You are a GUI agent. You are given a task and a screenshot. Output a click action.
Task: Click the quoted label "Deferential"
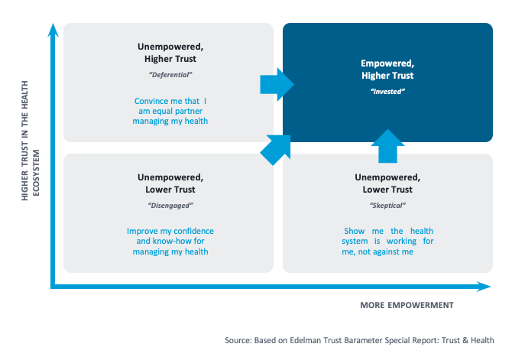pyautogui.click(x=170, y=75)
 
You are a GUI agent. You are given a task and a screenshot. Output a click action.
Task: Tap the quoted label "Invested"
pyautogui.click(x=387, y=92)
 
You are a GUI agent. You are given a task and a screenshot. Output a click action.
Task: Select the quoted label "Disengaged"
pyautogui.click(x=170, y=206)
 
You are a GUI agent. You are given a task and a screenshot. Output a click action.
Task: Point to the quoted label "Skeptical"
pyautogui.click(x=387, y=206)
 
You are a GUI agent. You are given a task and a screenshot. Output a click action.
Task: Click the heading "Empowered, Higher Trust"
pyautogui.click(x=387, y=70)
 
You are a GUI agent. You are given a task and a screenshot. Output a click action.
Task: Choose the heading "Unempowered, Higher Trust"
pyautogui.click(x=170, y=53)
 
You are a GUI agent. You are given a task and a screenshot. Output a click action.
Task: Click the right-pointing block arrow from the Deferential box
pyautogui.click(x=277, y=84)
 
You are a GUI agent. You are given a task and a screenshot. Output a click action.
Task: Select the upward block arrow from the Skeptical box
pyautogui.click(x=387, y=146)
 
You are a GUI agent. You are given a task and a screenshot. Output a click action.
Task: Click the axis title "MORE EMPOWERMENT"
pyautogui.click(x=407, y=305)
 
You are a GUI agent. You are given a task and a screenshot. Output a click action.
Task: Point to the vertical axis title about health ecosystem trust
pyautogui.click(x=30, y=141)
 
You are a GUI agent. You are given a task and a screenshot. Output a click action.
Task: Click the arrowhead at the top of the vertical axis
pyautogui.click(x=53, y=30)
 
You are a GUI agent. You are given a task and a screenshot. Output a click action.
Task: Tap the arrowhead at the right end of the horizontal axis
pyautogui.click(x=484, y=287)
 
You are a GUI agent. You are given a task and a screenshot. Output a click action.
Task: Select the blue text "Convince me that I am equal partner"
pyautogui.click(x=170, y=106)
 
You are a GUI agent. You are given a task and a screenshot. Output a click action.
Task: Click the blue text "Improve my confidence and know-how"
pyautogui.click(x=170, y=236)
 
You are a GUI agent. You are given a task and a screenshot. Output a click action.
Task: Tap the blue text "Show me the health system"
pyautogui.click(x=387, y=236)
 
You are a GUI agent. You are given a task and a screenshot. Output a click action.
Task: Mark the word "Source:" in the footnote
pyautogui.click(x=238, y=340)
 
